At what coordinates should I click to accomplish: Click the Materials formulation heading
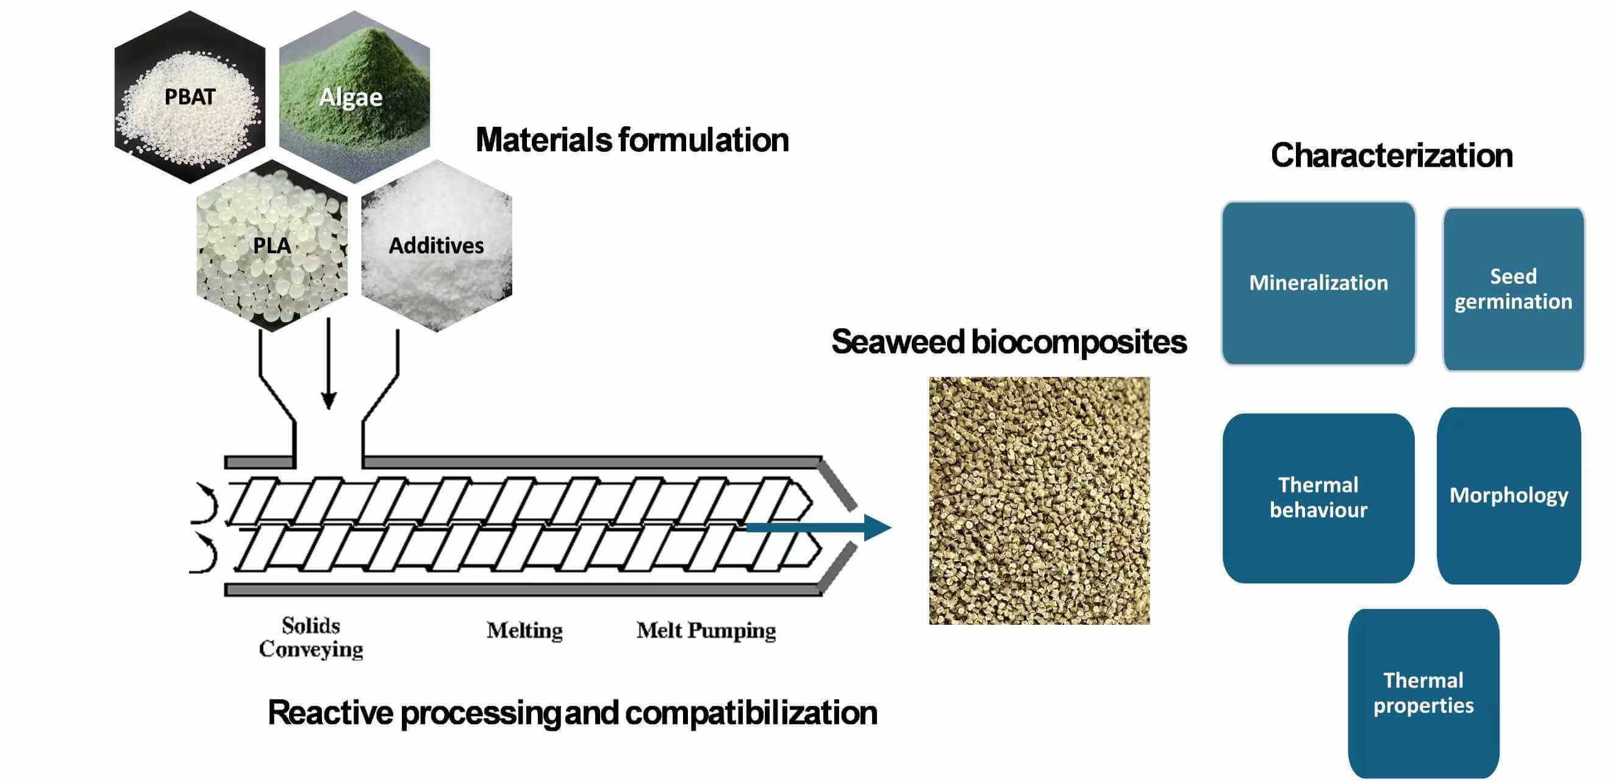[x=631, y=140]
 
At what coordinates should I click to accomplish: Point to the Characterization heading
[x=1391, y=156]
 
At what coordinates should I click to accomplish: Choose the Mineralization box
[x=1318, y=283]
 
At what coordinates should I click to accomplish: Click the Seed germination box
[x=1512, y=289]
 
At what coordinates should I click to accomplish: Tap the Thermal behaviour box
[x=1318, y=498]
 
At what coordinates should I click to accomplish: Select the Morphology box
[x=1508, y=496]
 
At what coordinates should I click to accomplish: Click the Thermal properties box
[x=1423, y=693]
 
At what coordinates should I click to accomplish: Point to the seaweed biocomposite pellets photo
[x=1039, y=500]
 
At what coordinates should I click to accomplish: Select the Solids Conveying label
[x=310, y=637]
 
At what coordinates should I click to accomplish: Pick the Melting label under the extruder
[x=524, y=630]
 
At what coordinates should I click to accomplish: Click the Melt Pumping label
[x=706, y=630]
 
